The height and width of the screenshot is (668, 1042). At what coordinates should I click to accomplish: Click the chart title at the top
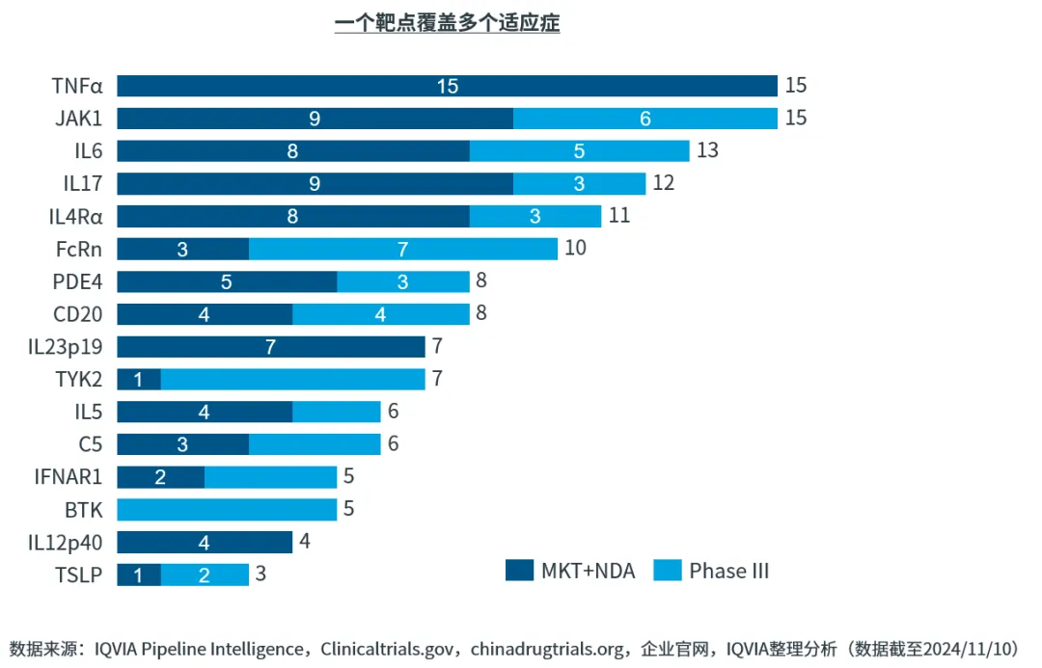(x=447, y=23)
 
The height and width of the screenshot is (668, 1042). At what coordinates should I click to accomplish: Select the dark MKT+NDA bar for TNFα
(x=447, y=86)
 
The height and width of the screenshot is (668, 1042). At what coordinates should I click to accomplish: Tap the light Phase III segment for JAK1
(x=644, y=119)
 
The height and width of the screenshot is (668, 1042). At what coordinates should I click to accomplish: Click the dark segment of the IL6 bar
(x=293, y=151)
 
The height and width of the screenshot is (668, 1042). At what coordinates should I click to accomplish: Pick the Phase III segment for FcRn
(x=403, y=250)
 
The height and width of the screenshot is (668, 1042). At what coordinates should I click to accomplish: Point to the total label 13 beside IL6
(x=708, y=151)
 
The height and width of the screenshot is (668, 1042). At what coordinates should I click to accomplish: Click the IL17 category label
(x=83, y=183)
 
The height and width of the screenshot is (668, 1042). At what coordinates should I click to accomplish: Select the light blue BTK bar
(x=227, y=510)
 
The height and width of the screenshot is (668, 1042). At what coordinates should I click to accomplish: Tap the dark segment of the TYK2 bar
(x=139, y=380)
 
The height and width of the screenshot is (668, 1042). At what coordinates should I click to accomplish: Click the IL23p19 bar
(x=271, y=347)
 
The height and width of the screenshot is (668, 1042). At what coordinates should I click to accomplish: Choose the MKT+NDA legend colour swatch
(x=519, y=571)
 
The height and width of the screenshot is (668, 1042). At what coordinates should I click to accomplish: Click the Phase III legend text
(x=728, y=571)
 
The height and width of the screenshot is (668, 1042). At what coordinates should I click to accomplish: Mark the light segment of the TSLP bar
(x=205, y=575)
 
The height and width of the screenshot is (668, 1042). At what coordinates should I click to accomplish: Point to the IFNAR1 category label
(x=69, y=477)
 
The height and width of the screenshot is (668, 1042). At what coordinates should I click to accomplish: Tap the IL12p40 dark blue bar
(x=205, y=543)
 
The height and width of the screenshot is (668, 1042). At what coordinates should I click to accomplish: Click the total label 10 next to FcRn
(x=576, y=249)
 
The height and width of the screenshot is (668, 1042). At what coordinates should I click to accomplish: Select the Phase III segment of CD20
(x=381, y=314)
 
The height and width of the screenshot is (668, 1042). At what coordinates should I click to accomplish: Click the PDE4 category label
(x=78, y=281)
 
